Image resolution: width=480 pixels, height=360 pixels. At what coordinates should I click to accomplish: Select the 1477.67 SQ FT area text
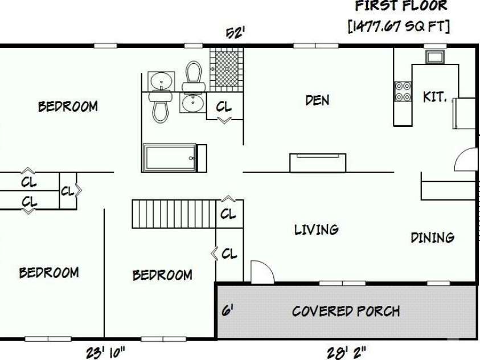399,26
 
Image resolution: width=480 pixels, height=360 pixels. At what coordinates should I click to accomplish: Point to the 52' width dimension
235,33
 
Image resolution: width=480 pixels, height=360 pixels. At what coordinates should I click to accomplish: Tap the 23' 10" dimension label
105,353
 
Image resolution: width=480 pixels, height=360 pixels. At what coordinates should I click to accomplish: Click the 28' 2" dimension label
346,353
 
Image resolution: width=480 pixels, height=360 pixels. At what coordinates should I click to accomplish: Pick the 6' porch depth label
227,311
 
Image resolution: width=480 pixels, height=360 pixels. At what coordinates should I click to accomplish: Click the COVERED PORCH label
346,311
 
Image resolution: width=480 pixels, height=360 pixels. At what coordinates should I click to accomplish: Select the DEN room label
317,101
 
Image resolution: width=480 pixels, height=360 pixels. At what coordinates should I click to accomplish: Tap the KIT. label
434,97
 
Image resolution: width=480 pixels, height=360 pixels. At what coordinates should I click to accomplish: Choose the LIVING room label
317,230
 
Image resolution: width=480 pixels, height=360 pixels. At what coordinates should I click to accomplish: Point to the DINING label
433,237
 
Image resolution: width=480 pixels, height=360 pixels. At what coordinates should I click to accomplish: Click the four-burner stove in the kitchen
403,92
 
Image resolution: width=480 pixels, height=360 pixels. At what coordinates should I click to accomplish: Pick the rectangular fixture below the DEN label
318,162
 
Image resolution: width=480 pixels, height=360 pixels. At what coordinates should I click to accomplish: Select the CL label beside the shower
224,107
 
